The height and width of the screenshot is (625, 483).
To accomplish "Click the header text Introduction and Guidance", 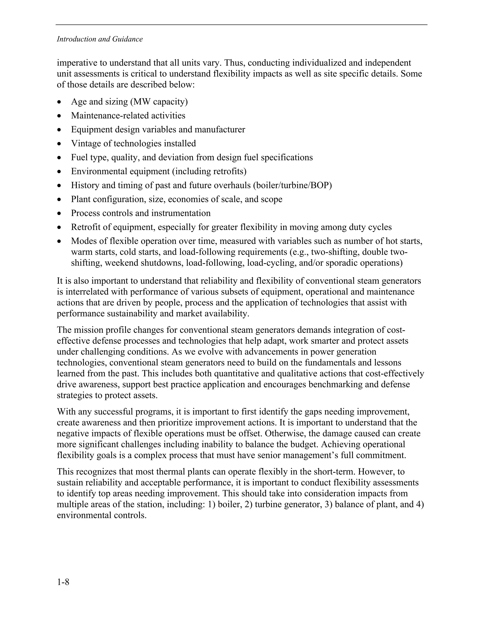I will (x=100, y=39).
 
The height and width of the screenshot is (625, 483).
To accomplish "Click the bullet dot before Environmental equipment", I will (x=59, y=172).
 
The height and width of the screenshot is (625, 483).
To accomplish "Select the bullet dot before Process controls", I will (x=59, y=213).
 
